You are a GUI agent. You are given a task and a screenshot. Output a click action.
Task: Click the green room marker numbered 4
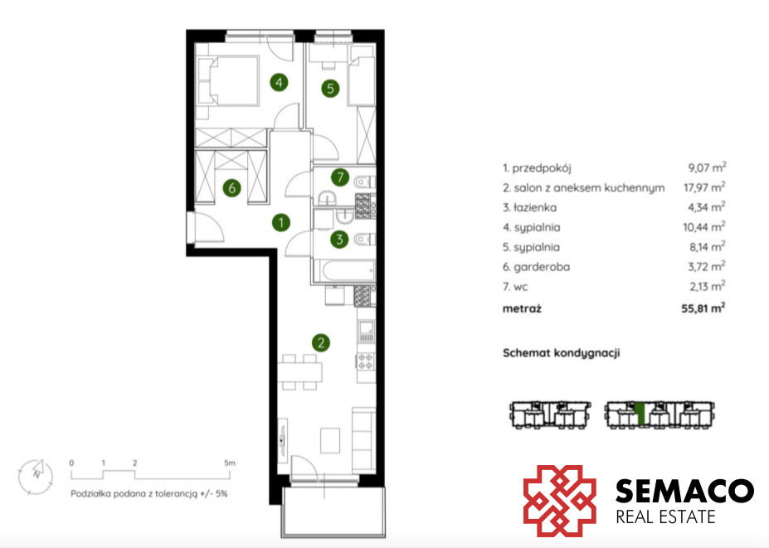279,82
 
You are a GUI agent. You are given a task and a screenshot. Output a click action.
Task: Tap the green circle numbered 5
330,88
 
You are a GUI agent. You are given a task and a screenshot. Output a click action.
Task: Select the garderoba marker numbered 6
232,187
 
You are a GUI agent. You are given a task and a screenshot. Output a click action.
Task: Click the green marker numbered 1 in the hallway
281,222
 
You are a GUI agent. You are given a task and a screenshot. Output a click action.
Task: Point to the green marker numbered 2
321,342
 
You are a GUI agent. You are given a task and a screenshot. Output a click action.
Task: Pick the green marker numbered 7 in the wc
340,177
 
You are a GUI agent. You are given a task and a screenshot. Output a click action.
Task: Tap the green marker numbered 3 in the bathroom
339,240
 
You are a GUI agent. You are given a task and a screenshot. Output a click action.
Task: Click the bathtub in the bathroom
346,271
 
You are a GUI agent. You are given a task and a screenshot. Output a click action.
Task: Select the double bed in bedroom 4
227,80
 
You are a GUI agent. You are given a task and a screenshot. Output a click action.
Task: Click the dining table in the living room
299,372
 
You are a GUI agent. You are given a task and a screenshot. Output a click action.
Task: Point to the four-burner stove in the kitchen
365,361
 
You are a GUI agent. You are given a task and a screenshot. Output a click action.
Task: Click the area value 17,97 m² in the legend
704,187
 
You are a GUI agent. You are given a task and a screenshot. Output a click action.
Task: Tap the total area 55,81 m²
703,308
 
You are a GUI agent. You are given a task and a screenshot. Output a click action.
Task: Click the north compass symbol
36,476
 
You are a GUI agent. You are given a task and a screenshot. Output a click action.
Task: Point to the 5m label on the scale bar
230,463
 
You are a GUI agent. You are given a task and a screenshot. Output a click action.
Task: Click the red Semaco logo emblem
560,501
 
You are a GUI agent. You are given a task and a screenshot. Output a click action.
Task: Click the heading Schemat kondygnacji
562,353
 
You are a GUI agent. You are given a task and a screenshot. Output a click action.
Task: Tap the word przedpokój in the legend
542,168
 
